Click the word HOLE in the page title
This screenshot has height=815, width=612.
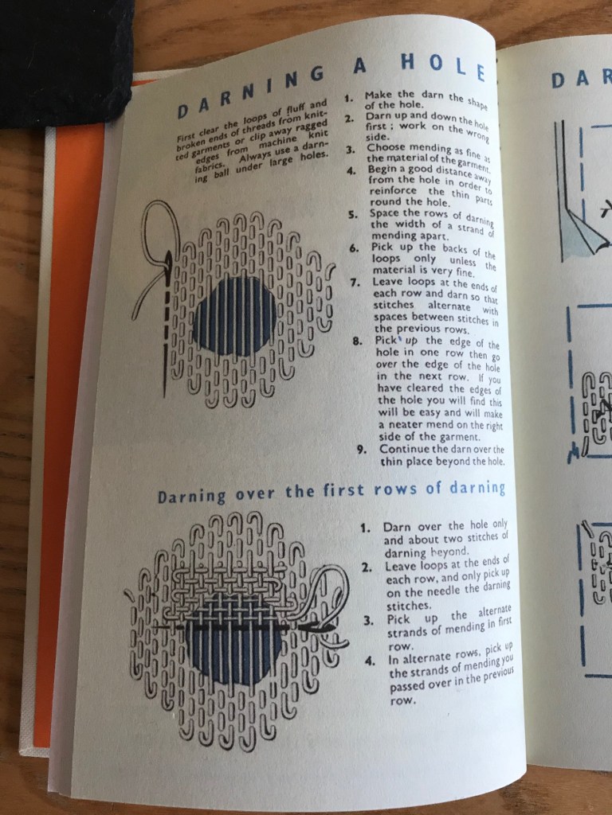click(x=443, y=67)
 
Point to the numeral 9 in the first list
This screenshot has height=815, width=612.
click(x=363, y=449)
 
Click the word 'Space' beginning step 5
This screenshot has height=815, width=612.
click(x=385, y=213)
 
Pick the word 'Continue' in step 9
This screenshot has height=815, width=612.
click(x=404, y=449)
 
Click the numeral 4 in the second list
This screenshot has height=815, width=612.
click(x=370, y=661)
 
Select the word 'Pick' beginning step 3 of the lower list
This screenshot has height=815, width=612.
click(x=398, y=620)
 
